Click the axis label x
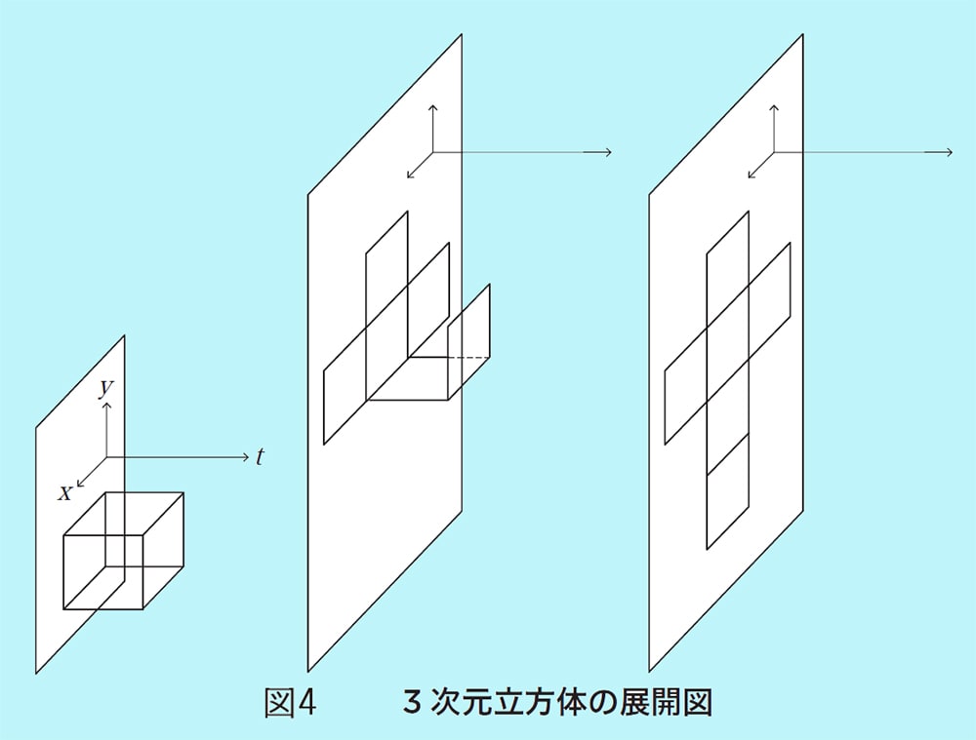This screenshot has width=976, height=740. click(x=64, y=493)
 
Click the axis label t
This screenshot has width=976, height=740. click(x=260, y=456)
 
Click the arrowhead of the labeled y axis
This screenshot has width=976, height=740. click(x=106, y=404)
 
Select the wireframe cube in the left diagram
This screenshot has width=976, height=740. click(x=123, y=551)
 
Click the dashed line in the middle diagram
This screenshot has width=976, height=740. click(x=468, y=359)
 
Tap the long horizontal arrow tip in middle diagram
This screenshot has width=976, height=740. click(x=608, y=152)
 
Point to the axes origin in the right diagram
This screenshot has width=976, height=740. click(x=774, y=152)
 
